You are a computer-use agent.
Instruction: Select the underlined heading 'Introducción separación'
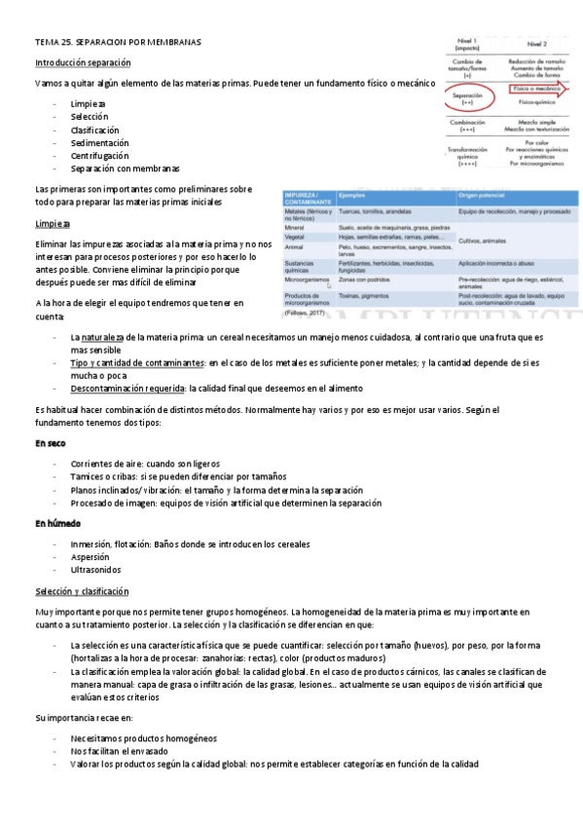pyautogui.click(x=82, y=64)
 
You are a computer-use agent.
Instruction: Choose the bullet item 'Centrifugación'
pyautogui.click(x=99, y=155)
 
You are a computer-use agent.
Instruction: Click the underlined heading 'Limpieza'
pyautogui.click(x=52, y=223)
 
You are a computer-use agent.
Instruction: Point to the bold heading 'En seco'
pyautogui.click(x=50, y=443)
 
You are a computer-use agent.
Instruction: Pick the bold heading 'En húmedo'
pyautogui.click(x=56, y=523)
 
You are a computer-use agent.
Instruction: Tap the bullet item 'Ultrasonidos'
pyautogui.click(x=95, y=569)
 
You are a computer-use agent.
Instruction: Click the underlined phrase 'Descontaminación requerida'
pyautogui.click(x=128, y=387)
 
